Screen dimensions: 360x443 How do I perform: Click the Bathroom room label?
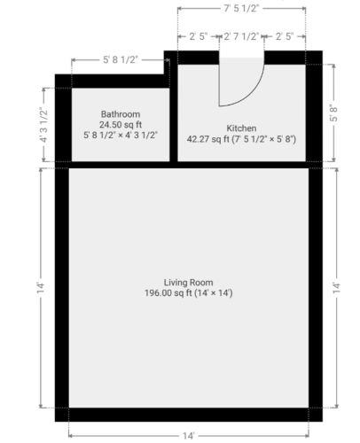tap(121, 114)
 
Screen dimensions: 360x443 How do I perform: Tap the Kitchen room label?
tap(241, 128)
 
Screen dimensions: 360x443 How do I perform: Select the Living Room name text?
tap(188, 283)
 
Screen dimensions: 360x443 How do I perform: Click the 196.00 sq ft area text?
tap(168, 293)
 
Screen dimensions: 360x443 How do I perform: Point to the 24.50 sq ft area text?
tap(121, 125)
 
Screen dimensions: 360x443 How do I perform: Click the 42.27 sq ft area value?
tap(208, 139)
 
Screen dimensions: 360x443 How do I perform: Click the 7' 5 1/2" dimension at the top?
tap(241, 8)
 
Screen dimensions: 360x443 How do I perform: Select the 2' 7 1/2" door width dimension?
tap(241, 36)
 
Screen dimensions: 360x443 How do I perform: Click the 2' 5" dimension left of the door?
tap(198, 36)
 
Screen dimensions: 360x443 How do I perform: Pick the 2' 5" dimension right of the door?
tap(285, 36)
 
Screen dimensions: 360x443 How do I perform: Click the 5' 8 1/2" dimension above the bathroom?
tap(121, 59)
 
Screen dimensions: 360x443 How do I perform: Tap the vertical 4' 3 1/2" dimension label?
tap(43, 125)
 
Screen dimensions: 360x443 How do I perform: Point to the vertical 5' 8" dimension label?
tap(333, 113)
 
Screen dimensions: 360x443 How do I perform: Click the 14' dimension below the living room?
tap(188, 436)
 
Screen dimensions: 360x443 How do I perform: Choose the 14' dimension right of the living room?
tap(337, 288)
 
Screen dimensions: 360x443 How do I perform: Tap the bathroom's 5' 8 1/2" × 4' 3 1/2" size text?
tap(121, 136)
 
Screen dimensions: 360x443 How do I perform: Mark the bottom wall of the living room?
tap(189, 415)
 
